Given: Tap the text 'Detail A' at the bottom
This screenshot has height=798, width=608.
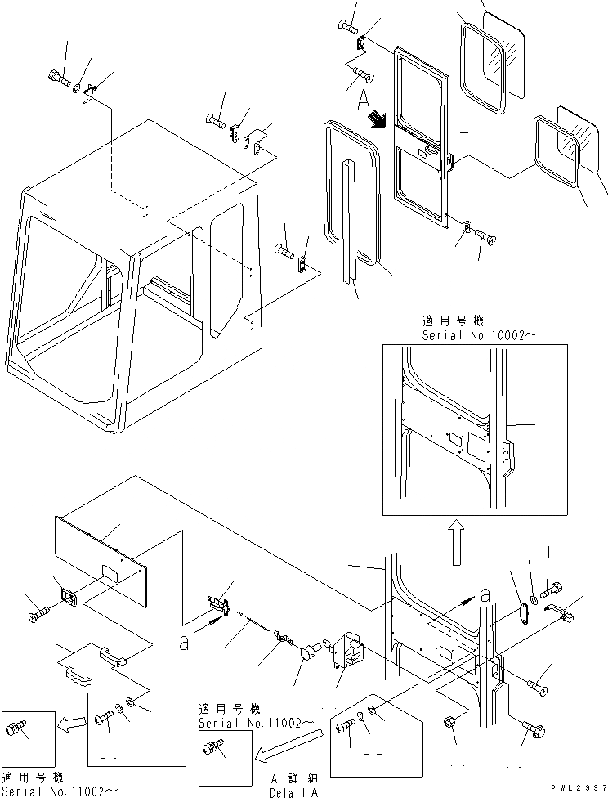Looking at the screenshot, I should tap(295, 792).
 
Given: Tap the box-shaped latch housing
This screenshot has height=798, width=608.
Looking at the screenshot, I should tap(347, 653).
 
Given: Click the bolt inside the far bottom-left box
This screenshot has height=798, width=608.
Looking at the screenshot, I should tap(17, 729).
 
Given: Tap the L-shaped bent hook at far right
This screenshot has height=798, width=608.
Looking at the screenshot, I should tap(564, 609).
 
